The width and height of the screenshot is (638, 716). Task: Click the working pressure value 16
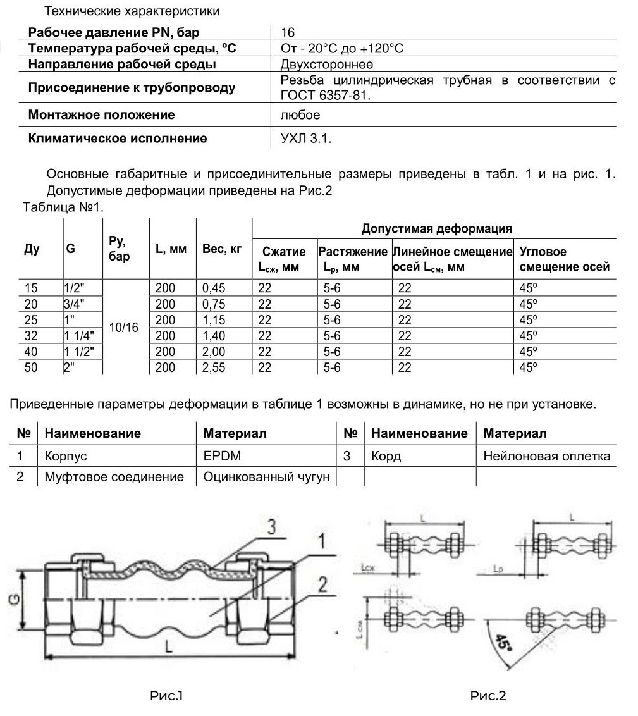click(288, 33)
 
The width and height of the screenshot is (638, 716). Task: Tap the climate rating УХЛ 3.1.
click(306, 139)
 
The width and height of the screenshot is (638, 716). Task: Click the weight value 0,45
click(214, 288)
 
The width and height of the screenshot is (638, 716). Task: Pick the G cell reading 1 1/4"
click(78, 335)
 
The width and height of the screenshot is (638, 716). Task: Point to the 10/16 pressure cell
click(124, 328)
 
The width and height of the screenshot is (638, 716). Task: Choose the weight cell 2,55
click(214, 367)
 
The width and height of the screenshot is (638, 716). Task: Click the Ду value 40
click(31, 351)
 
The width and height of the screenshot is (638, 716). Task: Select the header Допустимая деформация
click(436, 228)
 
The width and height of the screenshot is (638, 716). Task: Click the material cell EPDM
click(222, 455)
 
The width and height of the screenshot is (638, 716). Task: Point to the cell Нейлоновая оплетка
click(547, 455)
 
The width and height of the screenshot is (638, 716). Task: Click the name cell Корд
click(386, 455)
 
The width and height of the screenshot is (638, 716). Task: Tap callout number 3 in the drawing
click(271, 527)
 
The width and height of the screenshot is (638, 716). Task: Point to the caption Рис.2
click(488, 696)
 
